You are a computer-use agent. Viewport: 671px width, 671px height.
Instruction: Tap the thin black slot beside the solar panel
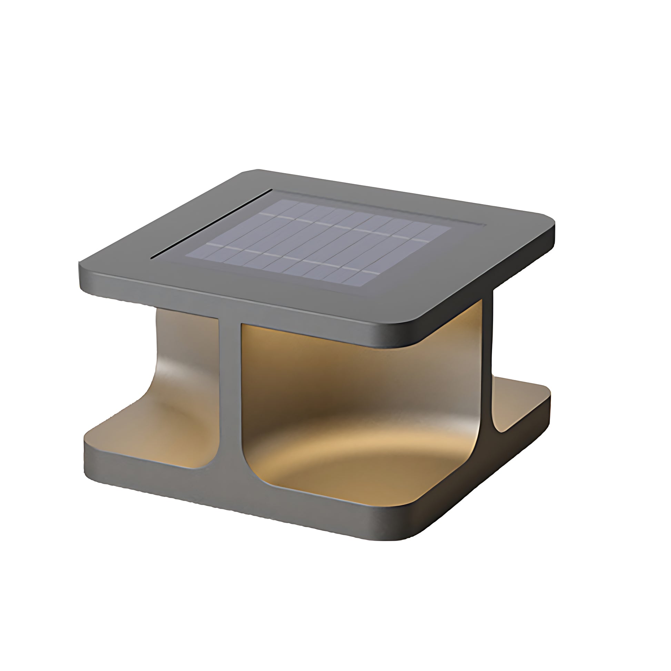[x=211, y=224]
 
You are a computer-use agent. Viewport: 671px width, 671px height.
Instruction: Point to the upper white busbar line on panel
[x=347, y=227]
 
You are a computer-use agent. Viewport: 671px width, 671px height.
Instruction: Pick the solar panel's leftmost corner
[x=186, y=256]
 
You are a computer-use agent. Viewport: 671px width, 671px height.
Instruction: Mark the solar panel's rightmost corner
[x=451, y=228]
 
